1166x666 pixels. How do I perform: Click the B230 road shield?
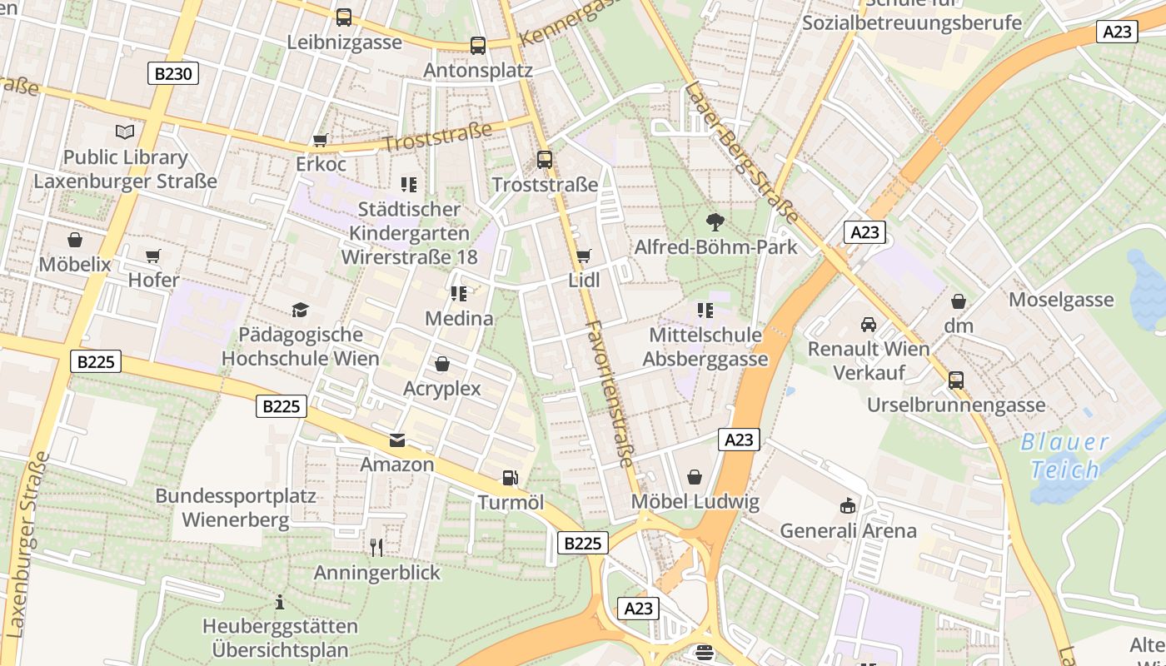coord(174,74)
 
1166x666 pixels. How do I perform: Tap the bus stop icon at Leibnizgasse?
coord(343,17)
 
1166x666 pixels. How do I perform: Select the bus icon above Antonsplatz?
coord(477,46)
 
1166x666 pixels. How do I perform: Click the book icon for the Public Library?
coord(125,132)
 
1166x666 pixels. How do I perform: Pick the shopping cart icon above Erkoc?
coord(320,140)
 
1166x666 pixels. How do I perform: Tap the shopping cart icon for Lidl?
coord(583,256)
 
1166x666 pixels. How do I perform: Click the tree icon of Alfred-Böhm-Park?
coord(715,221)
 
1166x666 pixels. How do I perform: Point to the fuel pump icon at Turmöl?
coord(510,478)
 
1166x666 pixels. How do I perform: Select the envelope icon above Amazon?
coord(397,440)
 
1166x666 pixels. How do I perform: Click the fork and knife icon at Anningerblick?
coord(376,547)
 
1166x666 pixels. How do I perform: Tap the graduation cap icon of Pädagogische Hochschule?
coord(300,311)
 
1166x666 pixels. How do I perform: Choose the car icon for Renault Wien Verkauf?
coord(869,324)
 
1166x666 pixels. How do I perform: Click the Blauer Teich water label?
coord(1065,455)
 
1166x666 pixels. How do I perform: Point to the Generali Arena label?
coord(848,530)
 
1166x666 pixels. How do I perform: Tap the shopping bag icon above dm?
coord(959,301)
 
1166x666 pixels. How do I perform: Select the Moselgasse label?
coord(1061,300)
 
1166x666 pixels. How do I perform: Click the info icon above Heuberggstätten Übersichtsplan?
coord(280,602)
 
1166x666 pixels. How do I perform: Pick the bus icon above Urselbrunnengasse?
coord(956,380)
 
